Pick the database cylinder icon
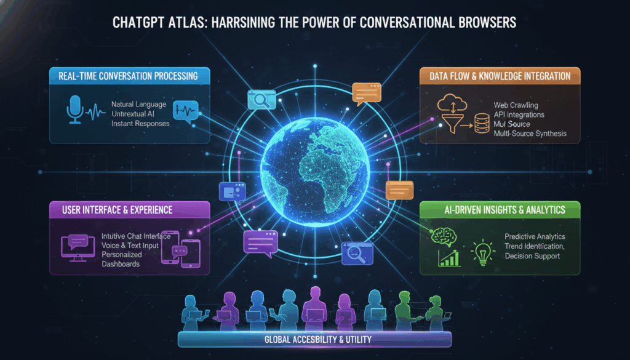click(480, 122)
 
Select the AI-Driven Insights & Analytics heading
click(503, 210)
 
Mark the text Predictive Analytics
click(535, 236)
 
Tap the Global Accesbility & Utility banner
click(315, 340)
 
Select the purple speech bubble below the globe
click(261, 242)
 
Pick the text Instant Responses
click(140, 124)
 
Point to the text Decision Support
click(533, 255)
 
